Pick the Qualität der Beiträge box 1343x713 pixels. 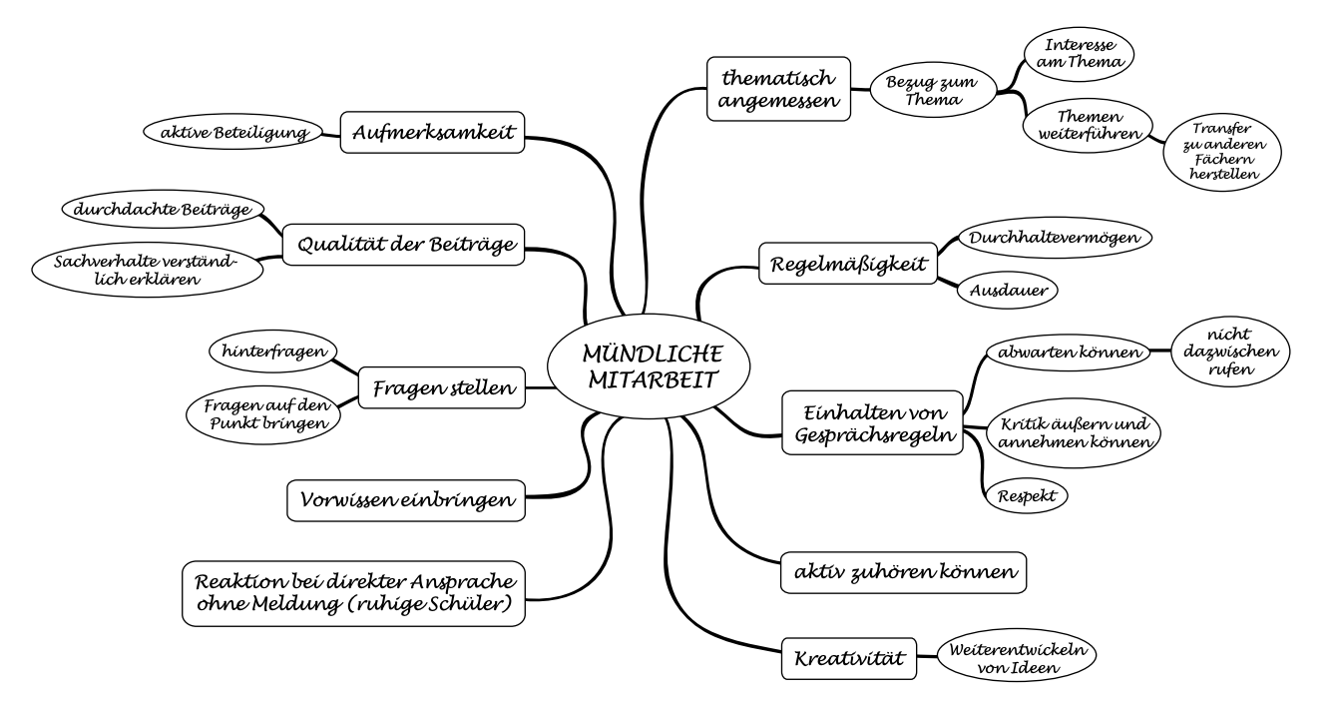tap(402, 244)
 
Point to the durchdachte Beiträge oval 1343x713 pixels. tap(162, 209)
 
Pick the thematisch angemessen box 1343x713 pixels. tap(778, 88)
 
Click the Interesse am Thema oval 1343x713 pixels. tap(1081, 54)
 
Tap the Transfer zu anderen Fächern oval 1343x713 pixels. tap(1222, 150)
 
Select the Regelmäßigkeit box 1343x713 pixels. tap(847, 265)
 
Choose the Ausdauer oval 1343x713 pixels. tap(1007, 291)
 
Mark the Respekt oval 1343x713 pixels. tap(1025, 494)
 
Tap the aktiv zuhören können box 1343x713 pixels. tap(903, 571)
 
